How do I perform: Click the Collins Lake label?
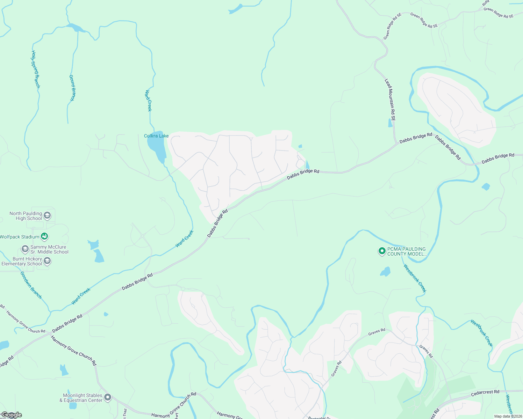coord(156,136)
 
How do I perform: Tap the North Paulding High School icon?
coord(47,215)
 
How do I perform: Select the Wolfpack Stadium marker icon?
coord(44,237)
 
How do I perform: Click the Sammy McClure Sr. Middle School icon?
coord(25,249)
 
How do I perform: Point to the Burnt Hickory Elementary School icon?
coord(47,261)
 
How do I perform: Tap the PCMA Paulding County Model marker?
coord(382,251)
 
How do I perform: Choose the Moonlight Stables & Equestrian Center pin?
coord(108,397)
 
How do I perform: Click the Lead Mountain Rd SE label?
coord(390,100)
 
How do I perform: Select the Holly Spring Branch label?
coord(36,69)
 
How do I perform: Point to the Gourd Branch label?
coord(72,88)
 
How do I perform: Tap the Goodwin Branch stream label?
coord(31,285)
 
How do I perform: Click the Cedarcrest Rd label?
coord(485,392)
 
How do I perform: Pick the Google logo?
coord(11,415)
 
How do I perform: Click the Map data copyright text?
coord(508,416)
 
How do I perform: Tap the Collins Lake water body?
coord(156,148)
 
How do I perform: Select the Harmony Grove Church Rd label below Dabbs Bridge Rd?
coord(73,351)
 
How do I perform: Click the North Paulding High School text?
coord(26,216)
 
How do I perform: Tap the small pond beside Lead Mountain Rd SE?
coord(390,123)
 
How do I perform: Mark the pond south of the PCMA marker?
coord(385,272)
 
